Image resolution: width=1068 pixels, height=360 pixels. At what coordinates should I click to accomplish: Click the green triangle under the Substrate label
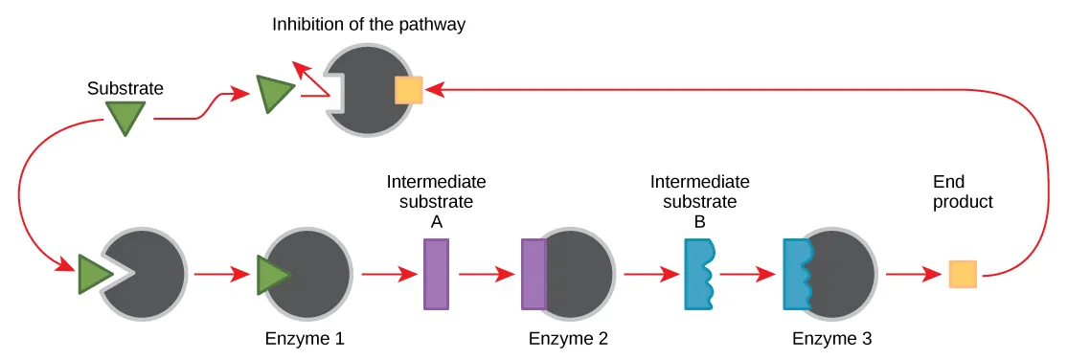(x=125, y=117)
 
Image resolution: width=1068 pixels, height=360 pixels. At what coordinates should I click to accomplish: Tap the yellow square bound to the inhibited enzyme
(x=409, y=90)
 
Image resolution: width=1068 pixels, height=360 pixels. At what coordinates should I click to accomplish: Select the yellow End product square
(x=963, y=275)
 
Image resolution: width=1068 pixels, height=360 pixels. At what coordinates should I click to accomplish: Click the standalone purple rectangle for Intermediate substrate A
(x=436, y=274)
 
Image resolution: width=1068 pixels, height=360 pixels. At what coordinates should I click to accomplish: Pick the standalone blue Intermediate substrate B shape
(x=697, y=274)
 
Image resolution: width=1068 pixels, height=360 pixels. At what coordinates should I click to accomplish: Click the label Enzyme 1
(x=305, y=338)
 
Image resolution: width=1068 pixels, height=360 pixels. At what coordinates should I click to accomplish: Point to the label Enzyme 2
(x=568, y=338)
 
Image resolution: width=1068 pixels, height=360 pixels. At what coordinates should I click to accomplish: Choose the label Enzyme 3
(x=831, y=338)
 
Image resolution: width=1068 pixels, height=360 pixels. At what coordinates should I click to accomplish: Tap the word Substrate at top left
(x=125, y=88)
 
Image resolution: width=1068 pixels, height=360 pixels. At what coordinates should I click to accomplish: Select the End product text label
(x=963, y=191)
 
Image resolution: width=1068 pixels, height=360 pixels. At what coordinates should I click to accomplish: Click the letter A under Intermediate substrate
(x=436, y=221)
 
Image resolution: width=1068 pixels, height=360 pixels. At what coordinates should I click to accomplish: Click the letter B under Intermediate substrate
(x=699, y=221)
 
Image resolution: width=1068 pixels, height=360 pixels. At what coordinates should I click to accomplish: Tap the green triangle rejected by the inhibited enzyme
(x=275, y=95)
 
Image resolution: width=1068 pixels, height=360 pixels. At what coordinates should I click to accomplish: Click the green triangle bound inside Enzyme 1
(x=272, y=275)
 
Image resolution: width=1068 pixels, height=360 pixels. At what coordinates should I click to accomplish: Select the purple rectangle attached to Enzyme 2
(x=534, y=274)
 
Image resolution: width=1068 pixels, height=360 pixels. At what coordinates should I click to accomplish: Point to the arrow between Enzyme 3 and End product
(x=913, y=275)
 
